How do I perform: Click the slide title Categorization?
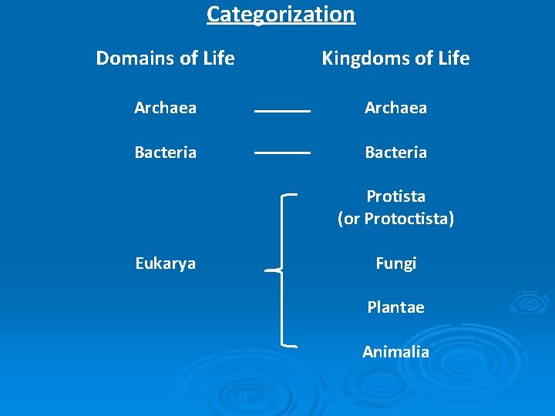pos(281,15)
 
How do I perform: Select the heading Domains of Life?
pos(165,59)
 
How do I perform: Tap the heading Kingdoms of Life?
pos(395,59)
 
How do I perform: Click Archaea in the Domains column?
pos(165,108)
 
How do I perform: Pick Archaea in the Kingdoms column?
pos(395,108)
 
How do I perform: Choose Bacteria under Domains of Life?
pos(165,153)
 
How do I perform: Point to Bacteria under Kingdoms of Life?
pos(395,153)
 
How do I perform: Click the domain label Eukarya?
pos(165,263)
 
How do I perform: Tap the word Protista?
pos(395,196)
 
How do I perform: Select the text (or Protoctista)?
pos(395,219)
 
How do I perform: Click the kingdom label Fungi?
pos(395,263)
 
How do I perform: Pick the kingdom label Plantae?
pos(395,307)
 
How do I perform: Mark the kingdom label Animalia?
pos(395,352)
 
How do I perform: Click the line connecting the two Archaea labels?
pos(282,112)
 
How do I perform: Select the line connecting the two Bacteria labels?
pos(282,153)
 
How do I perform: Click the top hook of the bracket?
pos(291,196)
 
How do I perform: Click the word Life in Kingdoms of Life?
pos(452,59)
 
